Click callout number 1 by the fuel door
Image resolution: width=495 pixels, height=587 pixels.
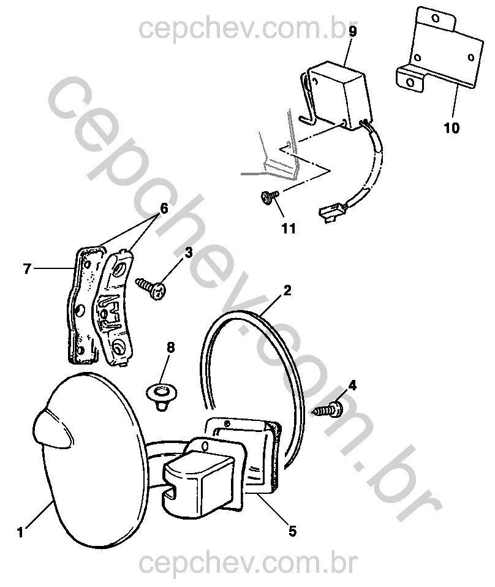coord(20,532)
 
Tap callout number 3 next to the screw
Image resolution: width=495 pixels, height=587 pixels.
coord(188,252)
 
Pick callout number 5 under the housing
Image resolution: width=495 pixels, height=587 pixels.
coord(292,531)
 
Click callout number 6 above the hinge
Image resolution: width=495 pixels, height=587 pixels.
coord(164,208)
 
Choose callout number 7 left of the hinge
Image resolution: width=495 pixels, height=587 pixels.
coord(27,268)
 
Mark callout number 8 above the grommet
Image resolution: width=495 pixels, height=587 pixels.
coord(170,347)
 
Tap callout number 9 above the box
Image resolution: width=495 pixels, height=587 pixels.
coord(352,31)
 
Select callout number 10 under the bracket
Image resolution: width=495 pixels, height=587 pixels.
coord(452,128)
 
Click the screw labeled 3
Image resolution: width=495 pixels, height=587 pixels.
coord(151,287)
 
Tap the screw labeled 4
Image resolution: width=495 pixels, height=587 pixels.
coord(329,409)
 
